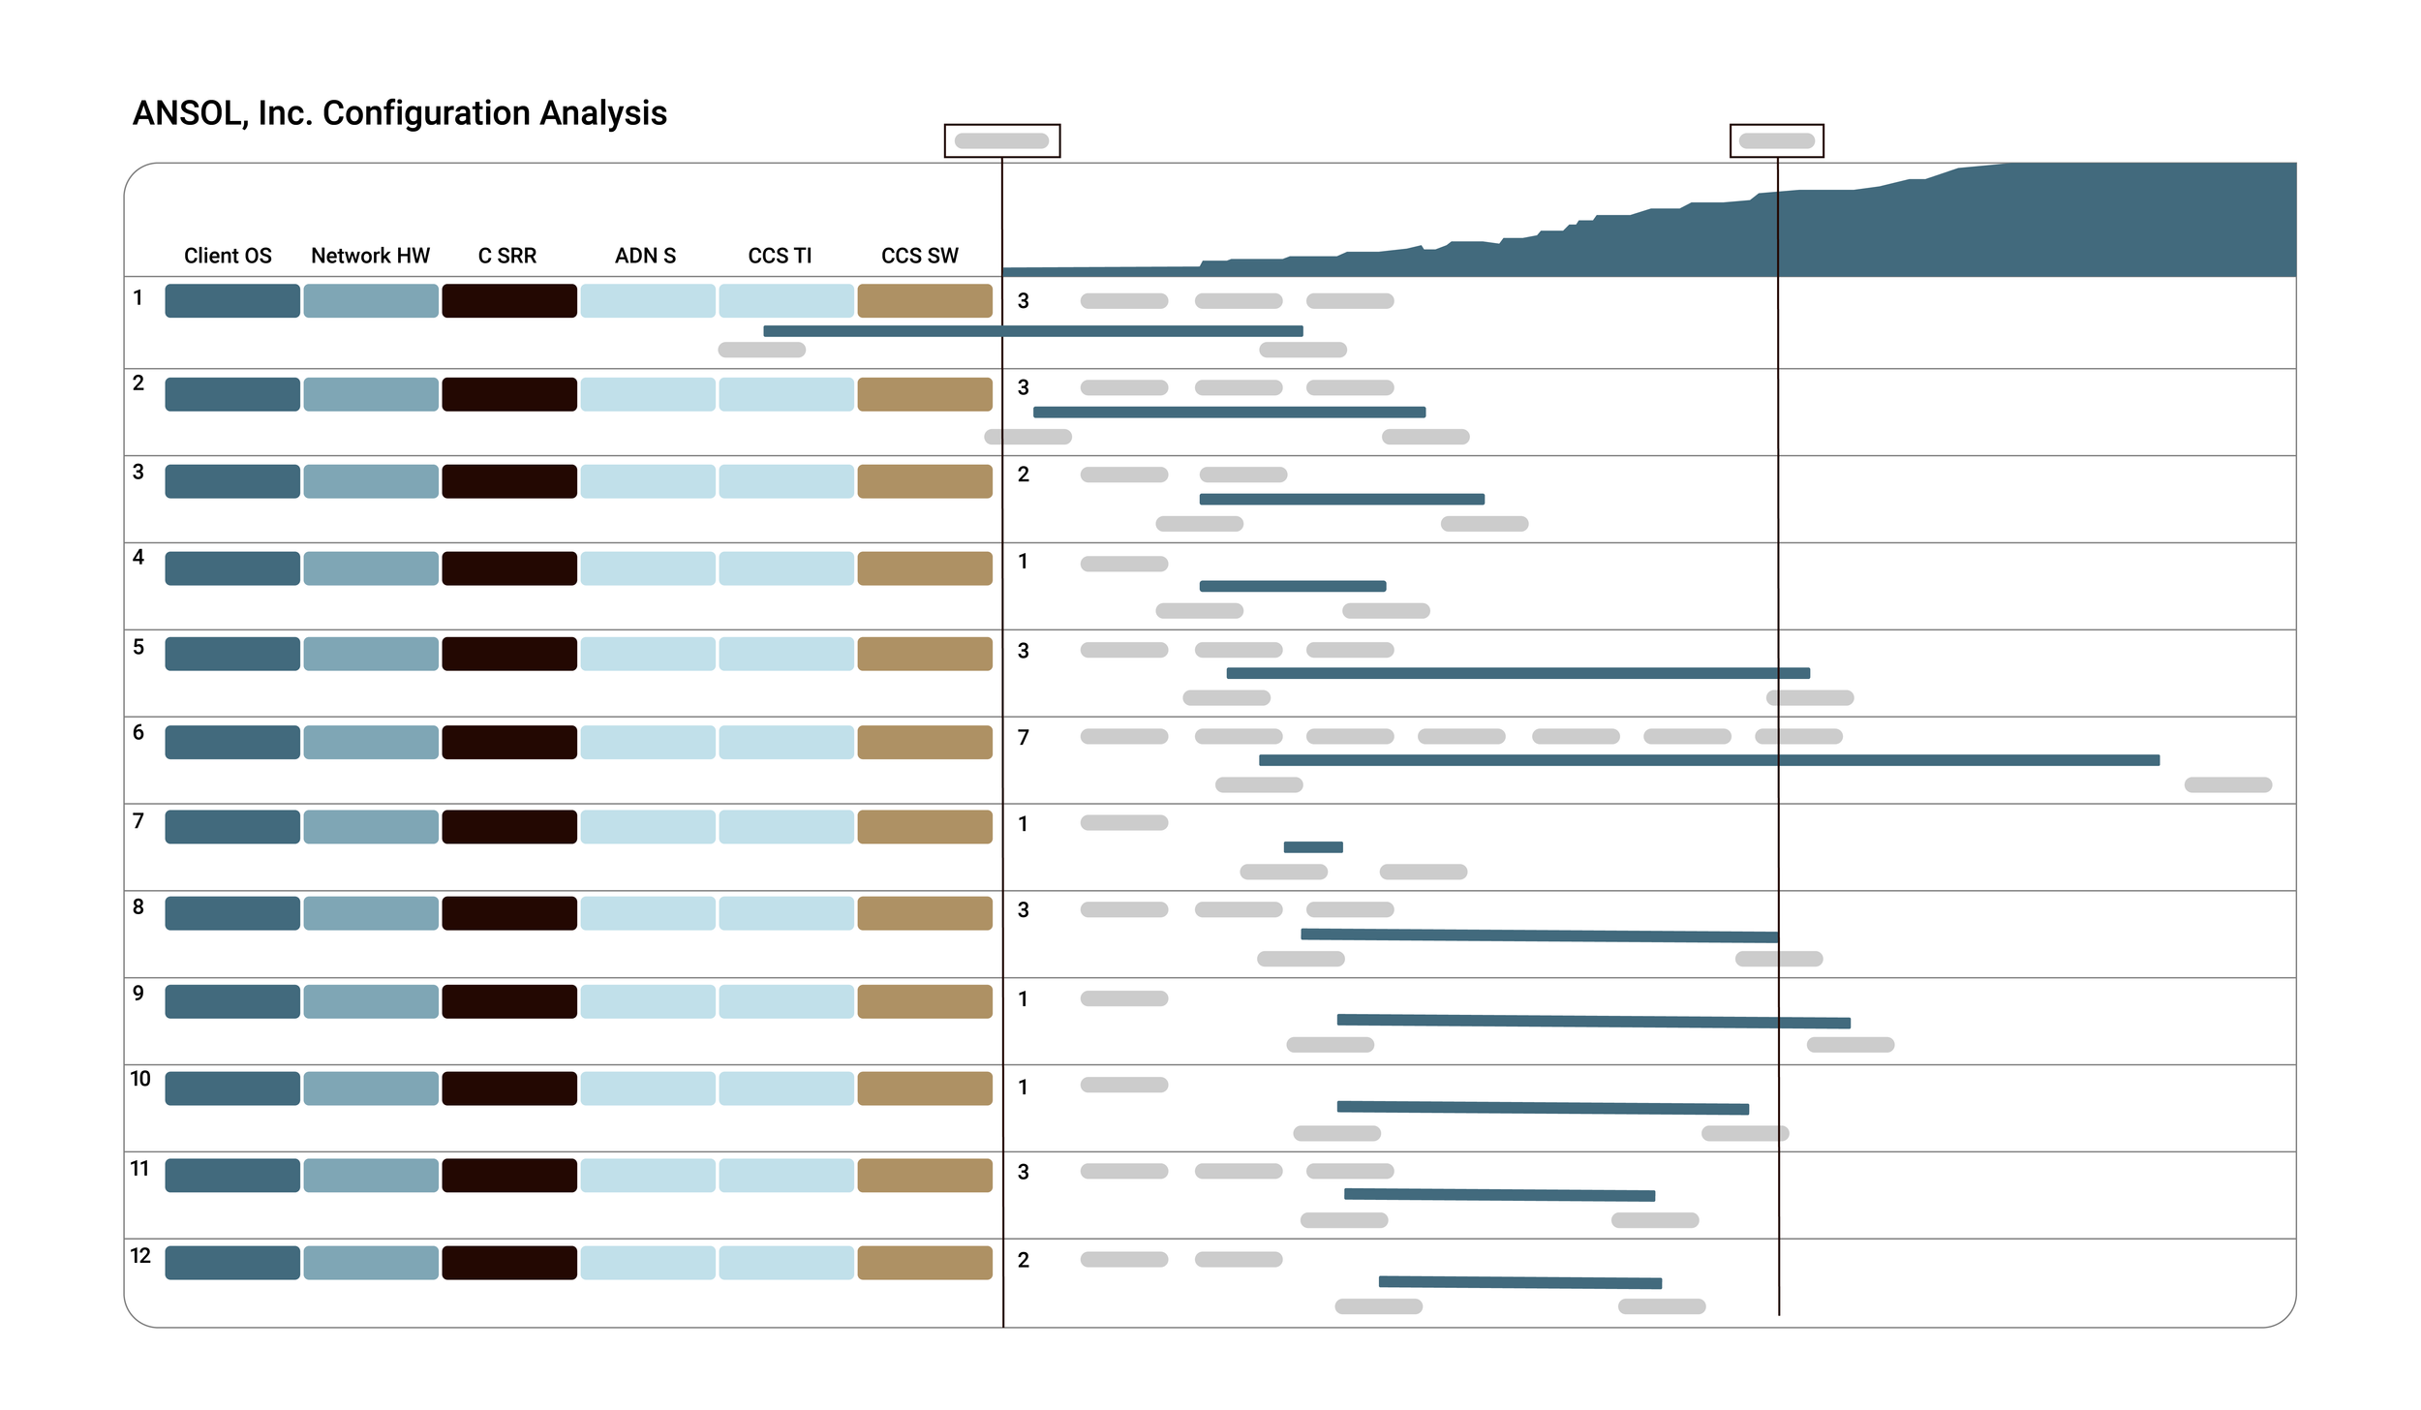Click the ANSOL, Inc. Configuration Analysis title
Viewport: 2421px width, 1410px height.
399,113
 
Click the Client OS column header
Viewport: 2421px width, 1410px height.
228,256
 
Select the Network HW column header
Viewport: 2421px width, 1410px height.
370,256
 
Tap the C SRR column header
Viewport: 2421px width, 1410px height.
506,256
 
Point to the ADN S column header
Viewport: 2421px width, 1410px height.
645,256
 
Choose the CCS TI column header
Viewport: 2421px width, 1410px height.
780,256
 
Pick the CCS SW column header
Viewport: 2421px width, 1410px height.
919,256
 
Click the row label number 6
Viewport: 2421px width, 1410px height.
138,732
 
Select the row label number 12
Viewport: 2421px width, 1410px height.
140,1256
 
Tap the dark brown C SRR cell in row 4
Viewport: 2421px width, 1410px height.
509,568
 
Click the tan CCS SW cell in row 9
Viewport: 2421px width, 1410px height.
925,1001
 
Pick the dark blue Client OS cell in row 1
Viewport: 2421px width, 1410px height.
232,301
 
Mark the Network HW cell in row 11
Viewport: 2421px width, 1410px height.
371,1175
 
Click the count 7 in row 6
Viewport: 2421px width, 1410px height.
1024,738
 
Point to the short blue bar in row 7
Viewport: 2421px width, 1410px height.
1313,847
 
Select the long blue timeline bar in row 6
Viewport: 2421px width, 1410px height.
1708,760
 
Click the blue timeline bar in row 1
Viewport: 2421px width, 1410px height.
1032,331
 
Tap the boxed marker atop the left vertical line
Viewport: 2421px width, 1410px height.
1002,140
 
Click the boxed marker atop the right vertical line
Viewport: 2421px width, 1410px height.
1777,140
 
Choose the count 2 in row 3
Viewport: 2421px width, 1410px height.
1024,475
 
